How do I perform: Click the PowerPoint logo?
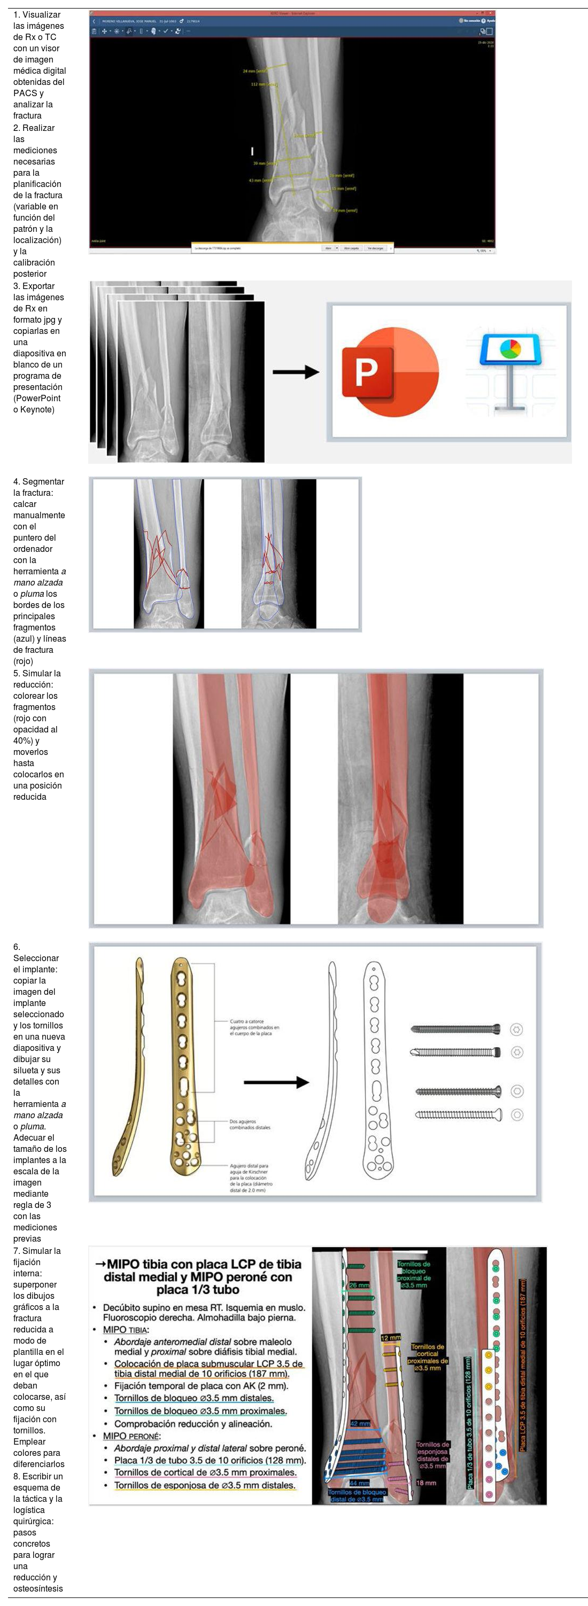point(390,372)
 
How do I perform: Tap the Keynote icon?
point(509,372)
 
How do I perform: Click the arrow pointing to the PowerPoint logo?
point(296,372)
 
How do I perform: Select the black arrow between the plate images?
point(276,1082)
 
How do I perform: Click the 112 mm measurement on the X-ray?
point(262,84)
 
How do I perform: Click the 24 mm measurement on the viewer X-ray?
point(254,71)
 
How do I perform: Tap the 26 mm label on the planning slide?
point(359,1285)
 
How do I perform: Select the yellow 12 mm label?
point(390,1338)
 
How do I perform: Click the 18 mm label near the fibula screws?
point(426,1483)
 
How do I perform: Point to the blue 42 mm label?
point(359,1423)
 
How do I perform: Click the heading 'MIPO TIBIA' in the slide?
point(125,1329)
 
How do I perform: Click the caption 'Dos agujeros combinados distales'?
point(250,1124)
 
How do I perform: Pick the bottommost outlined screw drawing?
point(458,1114)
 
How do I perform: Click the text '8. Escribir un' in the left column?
point(37,1476)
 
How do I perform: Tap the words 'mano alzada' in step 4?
point(37,582)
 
